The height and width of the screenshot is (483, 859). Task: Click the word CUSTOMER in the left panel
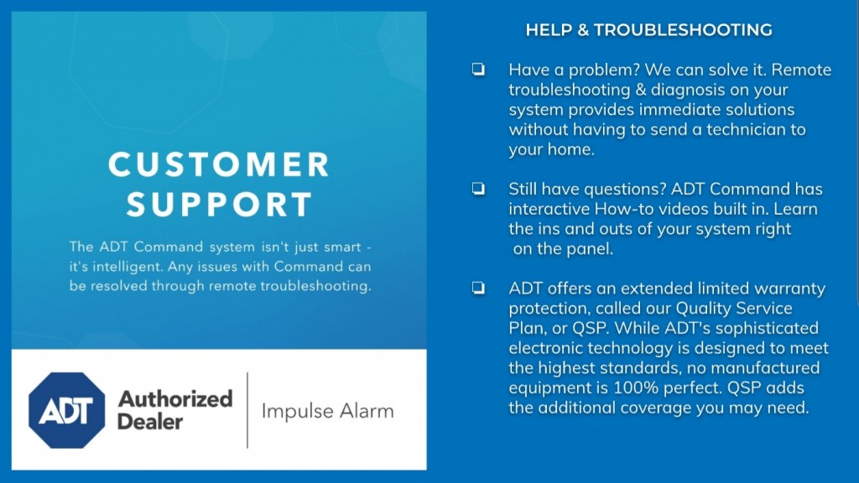coord(219,164)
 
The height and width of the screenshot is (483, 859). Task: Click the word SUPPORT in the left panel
coord(220,205)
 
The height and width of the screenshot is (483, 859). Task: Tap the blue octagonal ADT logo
coord(67,410)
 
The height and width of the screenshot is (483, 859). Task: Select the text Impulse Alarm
coord(328,411)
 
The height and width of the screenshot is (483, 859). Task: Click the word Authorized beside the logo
coord(175,398)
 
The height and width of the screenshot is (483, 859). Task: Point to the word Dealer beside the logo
coord(150,421)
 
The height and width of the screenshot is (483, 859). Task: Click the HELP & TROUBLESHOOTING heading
coord(648,29)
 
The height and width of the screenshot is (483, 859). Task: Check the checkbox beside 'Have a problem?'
coord(478,69)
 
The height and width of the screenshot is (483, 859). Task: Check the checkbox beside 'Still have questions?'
coord(478,189)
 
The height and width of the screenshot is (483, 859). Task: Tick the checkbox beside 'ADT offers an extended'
coord(478,288)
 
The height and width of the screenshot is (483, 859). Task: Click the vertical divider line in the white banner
coord(247,410)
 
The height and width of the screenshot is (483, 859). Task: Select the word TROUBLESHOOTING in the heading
coord(683,29)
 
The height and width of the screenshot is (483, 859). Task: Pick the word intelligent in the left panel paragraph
coord(128,267)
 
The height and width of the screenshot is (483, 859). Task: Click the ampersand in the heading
coord(583,29)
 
